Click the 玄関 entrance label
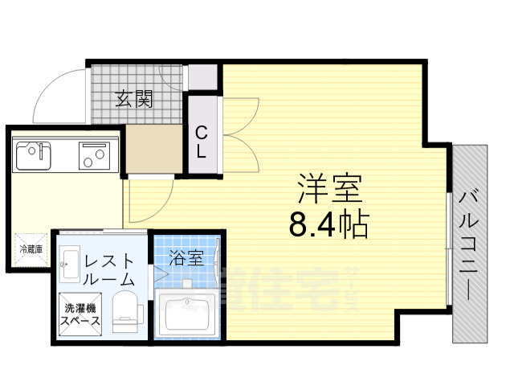pyautogui.click(x=133, y=99)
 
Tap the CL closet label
pyautogui.click(x=202, y=141)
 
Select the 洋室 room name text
pyautogui.click(x=330, y=190)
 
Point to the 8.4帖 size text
pyautogui.click(x=328, y=224)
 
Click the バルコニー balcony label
pyautogui.click(x=470, y=241)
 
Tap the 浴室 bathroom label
pyautogui.click(x=186, y=258)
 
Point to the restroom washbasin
pyautogui.click(x=68, y=257)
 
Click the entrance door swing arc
pyautogui.click(x=58, y=95)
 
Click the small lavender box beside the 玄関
pyautogui.click(x=205, y=76)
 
